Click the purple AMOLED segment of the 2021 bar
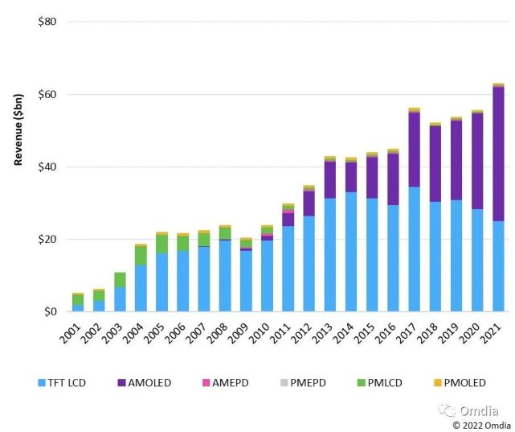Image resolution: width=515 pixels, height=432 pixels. coord(498,154)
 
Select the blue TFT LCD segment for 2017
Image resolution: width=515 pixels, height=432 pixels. coord(414,249)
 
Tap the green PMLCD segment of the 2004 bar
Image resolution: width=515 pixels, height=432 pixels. coord(141,256)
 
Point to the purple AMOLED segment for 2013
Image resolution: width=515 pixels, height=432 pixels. coord(330,180)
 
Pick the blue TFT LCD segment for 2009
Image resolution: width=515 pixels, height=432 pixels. coord(246,281)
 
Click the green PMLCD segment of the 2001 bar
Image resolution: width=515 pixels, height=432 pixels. coord(78,300)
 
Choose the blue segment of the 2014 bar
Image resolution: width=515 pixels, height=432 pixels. coord(351,252)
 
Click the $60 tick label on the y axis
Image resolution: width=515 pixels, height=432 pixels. coord(47,94)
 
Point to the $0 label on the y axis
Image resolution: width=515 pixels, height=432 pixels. coord(51,311)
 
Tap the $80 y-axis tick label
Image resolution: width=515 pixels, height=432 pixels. coord(47,22)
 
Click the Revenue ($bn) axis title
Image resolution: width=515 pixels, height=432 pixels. coord(18,130)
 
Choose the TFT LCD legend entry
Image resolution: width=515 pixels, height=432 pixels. coord(62,383)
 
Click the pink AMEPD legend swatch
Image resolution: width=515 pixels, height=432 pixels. coord(206,383)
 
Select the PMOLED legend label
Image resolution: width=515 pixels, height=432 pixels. coord(464,383)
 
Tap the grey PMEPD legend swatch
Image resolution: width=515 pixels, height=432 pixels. coord(284,383)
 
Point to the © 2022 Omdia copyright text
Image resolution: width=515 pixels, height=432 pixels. coord(481,425)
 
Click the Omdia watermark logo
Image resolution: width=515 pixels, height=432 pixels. coord(468,410)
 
